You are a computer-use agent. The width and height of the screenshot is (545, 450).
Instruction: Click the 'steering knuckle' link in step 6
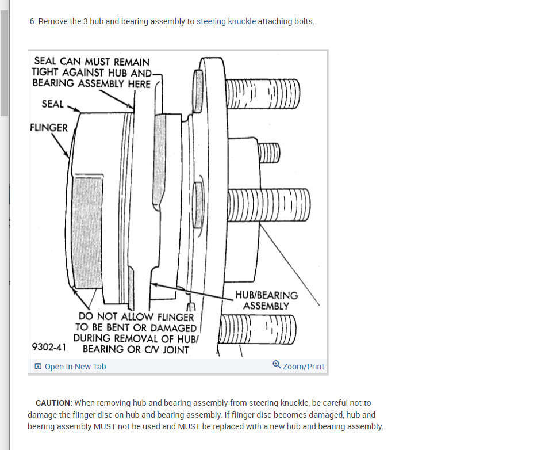(x=226, y=22)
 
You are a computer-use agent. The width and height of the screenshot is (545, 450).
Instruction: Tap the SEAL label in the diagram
(x=53, y=104)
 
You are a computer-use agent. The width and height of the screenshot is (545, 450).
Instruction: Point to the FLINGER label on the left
(x=49, y=128)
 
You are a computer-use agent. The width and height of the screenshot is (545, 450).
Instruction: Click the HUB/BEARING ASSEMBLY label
(x=266, y=300)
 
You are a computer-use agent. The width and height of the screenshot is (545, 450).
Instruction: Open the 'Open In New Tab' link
(x=75, y=367)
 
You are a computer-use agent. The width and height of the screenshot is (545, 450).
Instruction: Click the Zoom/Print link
(x=304, y=367)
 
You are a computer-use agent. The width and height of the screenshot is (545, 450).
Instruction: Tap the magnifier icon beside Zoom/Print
(x=277, y=365)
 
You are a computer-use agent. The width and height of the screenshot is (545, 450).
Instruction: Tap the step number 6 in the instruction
(x=32, y=22)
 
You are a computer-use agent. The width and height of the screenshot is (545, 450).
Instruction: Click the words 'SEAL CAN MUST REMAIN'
(x=92, y=62)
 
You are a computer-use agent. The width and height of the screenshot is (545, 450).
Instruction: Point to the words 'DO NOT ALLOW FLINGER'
(x=136, y=316)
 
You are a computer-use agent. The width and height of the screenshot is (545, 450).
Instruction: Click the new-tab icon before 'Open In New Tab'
(x=38, y=367)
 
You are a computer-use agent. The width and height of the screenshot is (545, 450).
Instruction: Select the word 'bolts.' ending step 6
(x=304, y=22)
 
